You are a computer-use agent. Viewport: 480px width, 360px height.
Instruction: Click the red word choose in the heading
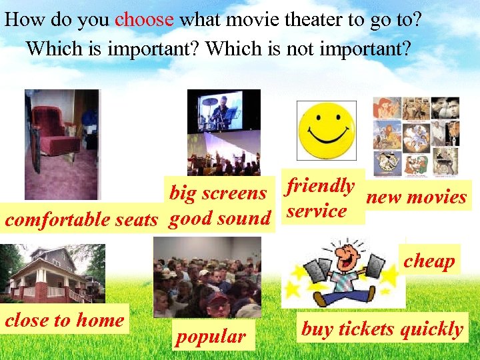point(144,19)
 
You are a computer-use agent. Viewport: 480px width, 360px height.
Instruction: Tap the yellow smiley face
point(326,130)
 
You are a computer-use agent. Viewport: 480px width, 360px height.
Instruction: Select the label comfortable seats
point(81,219)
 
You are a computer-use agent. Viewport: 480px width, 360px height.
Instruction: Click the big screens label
point(218,193)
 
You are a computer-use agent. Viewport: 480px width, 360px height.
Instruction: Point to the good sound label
point(219,218)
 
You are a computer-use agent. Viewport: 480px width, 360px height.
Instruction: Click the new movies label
point(417,197)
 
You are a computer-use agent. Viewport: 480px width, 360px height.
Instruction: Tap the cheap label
point(429,261)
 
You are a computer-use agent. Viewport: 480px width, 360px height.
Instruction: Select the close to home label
point(65,320)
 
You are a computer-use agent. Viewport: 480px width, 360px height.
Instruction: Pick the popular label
point(210,337)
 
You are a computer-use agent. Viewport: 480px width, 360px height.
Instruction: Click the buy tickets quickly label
point(382,329)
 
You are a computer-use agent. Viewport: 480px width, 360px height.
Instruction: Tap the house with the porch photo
point(52,274)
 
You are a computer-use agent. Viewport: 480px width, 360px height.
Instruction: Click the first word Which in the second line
point(51,48)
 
